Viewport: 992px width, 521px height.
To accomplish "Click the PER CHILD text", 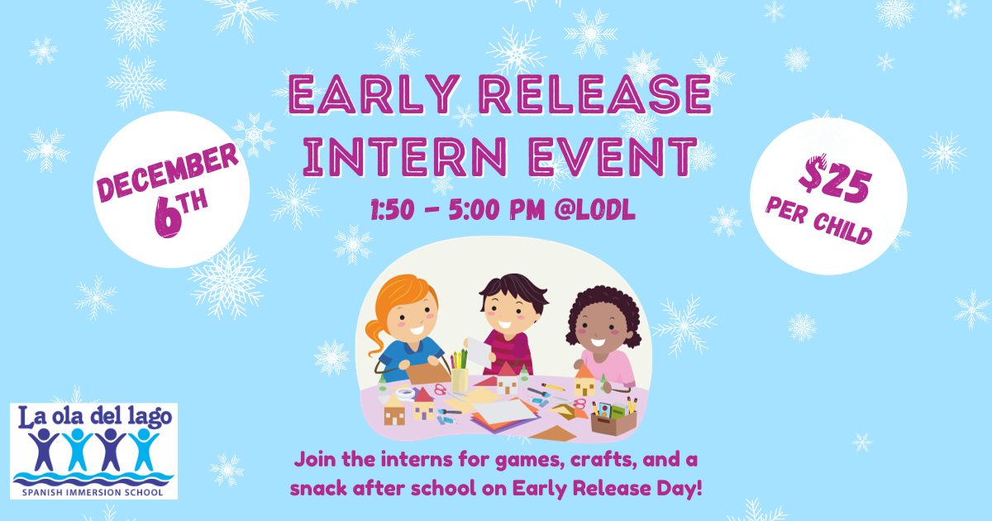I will [x=818, y=221].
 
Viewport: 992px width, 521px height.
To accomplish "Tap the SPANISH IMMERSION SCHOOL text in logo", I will [x=93, y=491].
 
